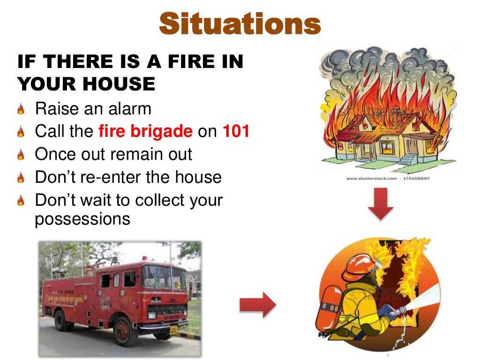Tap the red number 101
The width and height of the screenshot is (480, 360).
tap(236, 131)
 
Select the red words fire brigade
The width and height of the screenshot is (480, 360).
tap(145, 131)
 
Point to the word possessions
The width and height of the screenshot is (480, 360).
tap(82, 219)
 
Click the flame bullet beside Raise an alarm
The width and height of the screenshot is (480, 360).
tap(21, 110)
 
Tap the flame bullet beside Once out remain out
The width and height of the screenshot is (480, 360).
tap(21, 155)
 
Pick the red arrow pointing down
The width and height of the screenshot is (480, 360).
tap(380, 206)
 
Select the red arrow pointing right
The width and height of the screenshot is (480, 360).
tap(257, 305)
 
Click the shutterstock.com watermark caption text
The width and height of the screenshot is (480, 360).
tap(388, 179)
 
